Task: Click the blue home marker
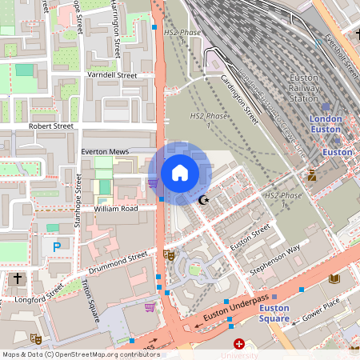click(180, 172)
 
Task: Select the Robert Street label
click(51, 126)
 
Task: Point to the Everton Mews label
click(105, 150)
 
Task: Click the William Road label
click(116, 209)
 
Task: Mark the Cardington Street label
click(239, 99)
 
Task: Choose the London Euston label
click(326, 124)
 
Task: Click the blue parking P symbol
click(56, 248)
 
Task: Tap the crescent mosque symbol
click(204, 199)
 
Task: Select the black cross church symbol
click(18, 278)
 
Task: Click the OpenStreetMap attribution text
click(81, 354)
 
